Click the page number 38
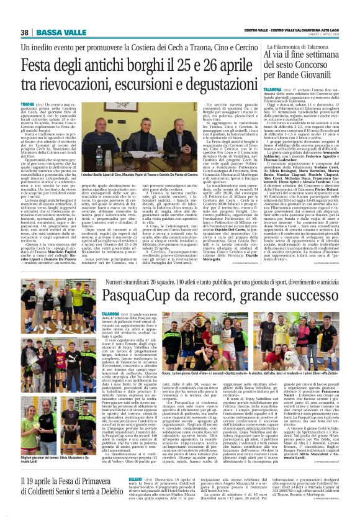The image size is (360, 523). point(25,32)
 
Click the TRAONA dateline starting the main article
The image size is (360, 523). point(28,103)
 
